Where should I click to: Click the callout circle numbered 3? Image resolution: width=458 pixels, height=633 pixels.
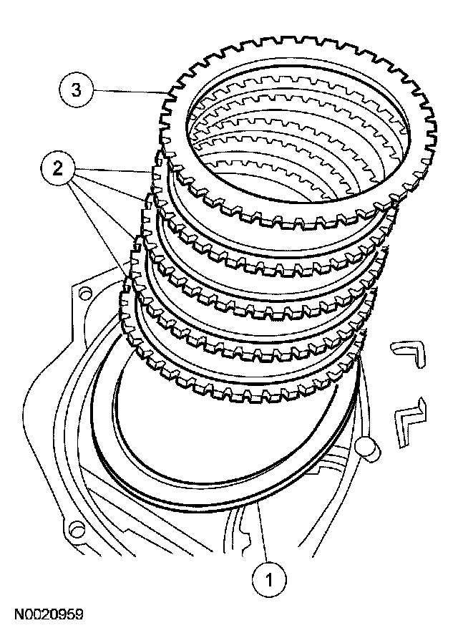click(75, 90)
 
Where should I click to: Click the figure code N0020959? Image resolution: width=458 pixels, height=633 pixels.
click(47, 614)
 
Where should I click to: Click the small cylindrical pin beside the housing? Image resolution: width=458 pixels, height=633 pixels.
click(371, 448)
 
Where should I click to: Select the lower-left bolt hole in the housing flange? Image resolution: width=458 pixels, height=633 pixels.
click(71, 531)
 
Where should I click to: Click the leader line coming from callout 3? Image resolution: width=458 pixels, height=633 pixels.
click(129, 90)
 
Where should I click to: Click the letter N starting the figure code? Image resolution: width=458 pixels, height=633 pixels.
click(15, 614)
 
